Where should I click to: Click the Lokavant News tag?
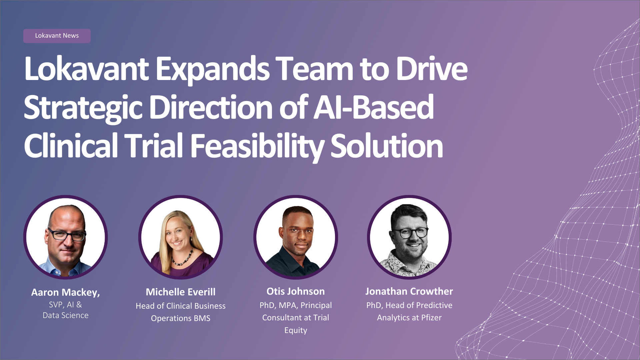pos(57,36)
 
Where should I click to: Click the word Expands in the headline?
pos(212,69)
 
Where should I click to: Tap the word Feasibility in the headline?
pos(257,146)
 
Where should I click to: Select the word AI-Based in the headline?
pos(374,107)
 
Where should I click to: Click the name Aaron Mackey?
pos(65,292)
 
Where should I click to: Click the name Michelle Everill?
pos(180,292)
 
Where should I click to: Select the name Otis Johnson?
pos(295,291)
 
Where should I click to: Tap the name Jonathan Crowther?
pos(409,291)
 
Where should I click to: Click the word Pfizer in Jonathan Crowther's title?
pos(431,318)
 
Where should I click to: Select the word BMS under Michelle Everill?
pos(202,318)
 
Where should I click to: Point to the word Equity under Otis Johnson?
pos(295,330)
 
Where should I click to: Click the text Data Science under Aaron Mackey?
pos(65,315)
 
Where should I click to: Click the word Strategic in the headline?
pos(83,107)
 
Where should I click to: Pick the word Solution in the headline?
pos(387,146)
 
